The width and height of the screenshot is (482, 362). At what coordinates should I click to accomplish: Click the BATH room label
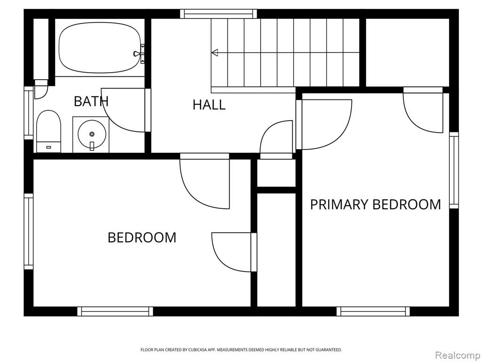coord(91,101)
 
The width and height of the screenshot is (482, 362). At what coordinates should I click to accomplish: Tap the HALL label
coord(209,105)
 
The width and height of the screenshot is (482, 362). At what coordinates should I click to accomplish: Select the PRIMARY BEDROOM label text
coord(375,205)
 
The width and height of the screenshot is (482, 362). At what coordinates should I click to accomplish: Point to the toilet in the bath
coord(48,132)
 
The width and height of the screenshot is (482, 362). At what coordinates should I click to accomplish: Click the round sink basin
coord(92,134)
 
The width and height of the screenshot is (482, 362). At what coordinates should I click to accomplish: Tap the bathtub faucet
coord(139,54)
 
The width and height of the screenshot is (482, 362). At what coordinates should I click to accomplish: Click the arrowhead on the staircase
coord(215,53)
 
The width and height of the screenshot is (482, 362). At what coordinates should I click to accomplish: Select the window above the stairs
coord(218,14)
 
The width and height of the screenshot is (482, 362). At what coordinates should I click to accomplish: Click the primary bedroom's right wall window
coord(454,170)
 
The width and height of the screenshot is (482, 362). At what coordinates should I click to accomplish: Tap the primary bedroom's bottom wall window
coord(373,311)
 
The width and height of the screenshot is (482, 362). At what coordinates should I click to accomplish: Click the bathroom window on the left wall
coord(29,113)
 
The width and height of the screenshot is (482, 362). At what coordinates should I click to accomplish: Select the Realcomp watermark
coord(457,355)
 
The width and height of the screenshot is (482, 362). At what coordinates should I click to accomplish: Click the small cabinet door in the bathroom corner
coord(41,89)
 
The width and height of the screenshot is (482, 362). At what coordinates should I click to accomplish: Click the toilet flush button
coord(48,148)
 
